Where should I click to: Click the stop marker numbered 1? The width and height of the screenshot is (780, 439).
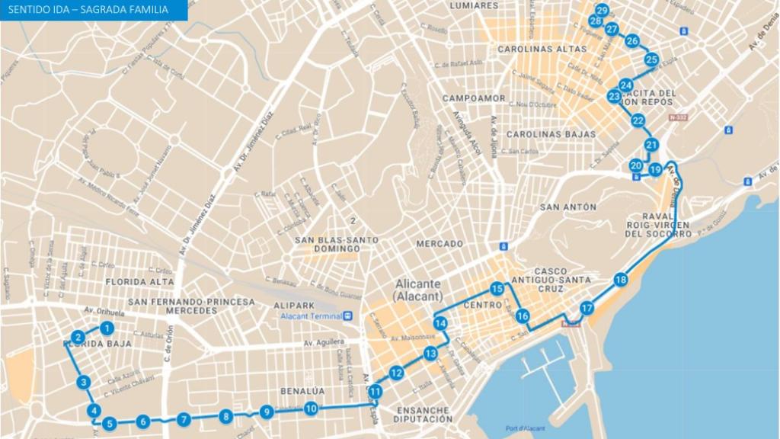click(107, 328)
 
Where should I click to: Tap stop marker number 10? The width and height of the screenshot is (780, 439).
click(311, 408)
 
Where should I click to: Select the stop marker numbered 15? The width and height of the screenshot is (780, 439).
click(497, 289)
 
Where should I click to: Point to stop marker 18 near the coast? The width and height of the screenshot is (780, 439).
click(621, 280)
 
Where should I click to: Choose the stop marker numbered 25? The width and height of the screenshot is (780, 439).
click(651, 59)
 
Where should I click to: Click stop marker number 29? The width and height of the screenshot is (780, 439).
click(603, 11)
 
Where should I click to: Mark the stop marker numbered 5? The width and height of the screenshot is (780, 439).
click(110, 424)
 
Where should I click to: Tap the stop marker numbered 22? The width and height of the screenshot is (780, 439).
click(638, 120)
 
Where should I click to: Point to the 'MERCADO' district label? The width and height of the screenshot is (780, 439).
click(440, 244)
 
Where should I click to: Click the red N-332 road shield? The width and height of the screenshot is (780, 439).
click(676, 118)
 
